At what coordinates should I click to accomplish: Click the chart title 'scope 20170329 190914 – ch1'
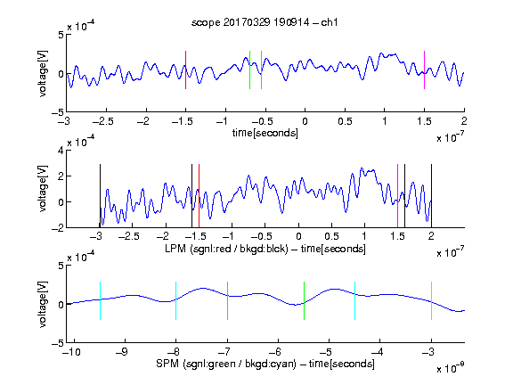(265, 22)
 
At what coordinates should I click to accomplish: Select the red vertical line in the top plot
(185, 70)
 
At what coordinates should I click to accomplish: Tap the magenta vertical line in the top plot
(424, 70)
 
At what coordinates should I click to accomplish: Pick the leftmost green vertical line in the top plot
(249, 70)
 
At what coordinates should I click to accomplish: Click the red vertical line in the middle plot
(199, 196)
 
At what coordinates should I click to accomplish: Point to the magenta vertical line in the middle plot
(397, 196)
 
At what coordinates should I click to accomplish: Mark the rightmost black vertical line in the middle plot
(431, 196)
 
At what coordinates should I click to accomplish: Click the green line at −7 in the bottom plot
(227, 300)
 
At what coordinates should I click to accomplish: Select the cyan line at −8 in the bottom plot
(175, 300)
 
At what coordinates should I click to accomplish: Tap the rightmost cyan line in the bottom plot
(431, 300)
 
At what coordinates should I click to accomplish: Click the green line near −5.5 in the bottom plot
(304, 300)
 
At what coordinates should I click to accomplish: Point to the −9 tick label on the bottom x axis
(122, 352)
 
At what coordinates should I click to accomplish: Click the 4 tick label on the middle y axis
(61, 151)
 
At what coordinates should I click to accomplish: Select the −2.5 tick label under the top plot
(103, 121)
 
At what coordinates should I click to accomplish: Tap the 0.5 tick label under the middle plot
(331, 236)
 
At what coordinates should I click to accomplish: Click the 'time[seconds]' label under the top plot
(265, 133)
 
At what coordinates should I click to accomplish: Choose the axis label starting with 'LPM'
(265, 249)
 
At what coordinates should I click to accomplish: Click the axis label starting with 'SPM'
(265, 364)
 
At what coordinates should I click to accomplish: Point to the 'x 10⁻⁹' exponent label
(450, 368)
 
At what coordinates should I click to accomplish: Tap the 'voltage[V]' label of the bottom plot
(43, 304)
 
